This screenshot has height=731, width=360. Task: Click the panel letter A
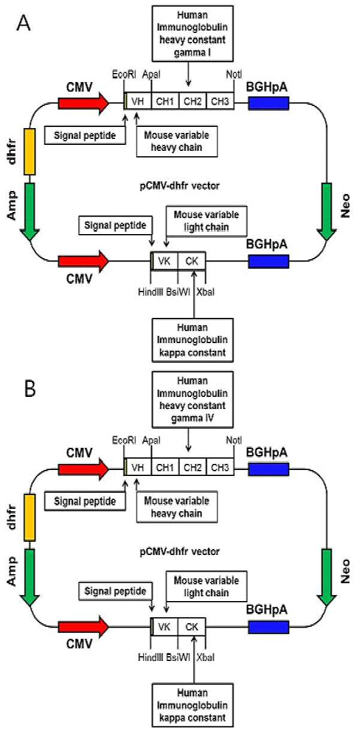pos(23,23)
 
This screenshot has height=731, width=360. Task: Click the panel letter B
pos(30,389)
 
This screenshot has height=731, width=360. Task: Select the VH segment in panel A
pos(138,101)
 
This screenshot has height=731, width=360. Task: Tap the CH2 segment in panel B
pos(192,468)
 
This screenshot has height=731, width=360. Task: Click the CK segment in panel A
pos(192,261)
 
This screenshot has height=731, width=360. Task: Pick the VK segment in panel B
pos(164,627)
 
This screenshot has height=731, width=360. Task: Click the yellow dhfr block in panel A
pos(30,151)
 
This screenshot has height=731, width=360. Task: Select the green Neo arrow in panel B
pos(326,578)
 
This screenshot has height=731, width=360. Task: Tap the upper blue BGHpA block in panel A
pos(268,103)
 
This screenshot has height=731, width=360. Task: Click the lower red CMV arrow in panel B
pos(83,627)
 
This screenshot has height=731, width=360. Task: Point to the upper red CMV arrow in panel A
pos(83,104)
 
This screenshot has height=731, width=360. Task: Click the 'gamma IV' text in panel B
pos(192,418)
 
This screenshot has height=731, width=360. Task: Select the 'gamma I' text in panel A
pos(192,53)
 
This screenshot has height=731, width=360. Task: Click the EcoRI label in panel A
pos(124,74)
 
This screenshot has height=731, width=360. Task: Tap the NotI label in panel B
pos(234,440)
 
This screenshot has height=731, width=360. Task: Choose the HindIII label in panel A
pos(150,292)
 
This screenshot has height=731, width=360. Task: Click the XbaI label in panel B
pos(205,657)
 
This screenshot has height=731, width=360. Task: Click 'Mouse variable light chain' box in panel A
pos(207,221)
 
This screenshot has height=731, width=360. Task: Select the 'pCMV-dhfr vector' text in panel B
pos(180,551)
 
